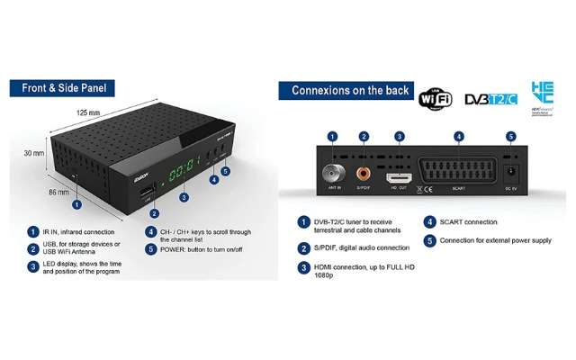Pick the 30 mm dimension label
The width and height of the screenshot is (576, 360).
pyautogui.click(x=33, y=154)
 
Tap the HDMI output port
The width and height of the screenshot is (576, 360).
pyautogui.click(x=400, y=179)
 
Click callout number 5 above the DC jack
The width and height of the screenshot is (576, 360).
pyautogui.click(x=511, y=137)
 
